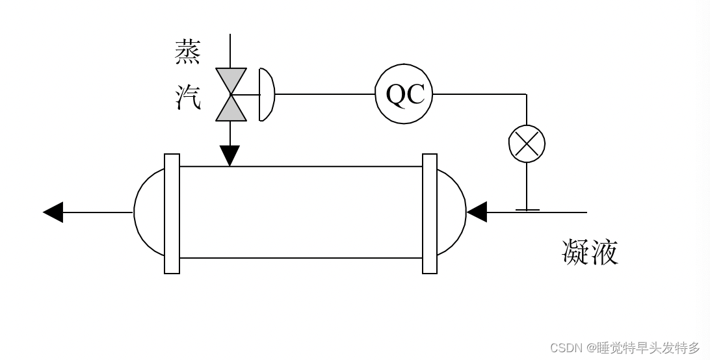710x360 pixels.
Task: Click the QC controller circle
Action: [404, 94]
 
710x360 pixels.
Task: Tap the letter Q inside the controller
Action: [396, 95]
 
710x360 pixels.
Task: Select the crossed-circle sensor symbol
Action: [527, 144]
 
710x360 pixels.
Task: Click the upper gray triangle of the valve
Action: [231, 81]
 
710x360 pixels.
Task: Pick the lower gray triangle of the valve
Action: [231, 109]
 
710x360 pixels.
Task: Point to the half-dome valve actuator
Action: [266, 95]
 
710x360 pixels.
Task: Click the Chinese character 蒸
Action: [188, 53]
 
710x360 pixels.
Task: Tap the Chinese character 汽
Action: [188, 97]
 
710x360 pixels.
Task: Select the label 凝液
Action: [590, 252]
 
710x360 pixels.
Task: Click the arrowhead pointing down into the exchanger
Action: [230, 155]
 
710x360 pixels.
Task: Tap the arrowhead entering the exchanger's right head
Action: [477, 212]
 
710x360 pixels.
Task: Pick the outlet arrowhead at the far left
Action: [53, 212]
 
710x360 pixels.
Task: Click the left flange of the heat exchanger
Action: [172, 213]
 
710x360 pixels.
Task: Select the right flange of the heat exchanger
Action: [430, 213]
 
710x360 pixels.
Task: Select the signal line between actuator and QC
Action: [324, 94]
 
